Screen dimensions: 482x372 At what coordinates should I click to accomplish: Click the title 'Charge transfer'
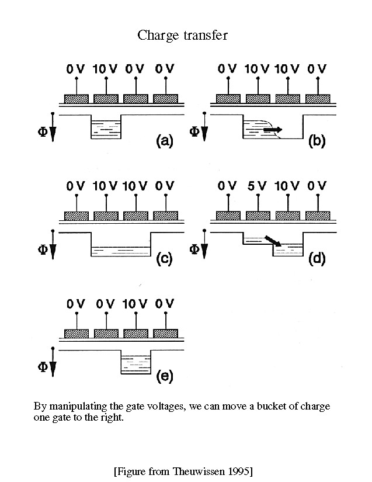click(x=182, y=35)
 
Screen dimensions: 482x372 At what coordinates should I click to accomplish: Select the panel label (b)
click(x=317, y=140)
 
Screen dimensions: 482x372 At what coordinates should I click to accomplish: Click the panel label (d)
click(x=317, y=259)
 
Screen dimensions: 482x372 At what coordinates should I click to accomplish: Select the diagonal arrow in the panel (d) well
click(x=273, y=241)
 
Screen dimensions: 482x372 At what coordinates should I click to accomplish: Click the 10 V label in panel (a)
click(x=106, y=70)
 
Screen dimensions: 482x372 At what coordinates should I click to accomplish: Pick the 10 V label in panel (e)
click(x=135, y=304)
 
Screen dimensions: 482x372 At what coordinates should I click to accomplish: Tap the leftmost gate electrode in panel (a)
click(x=76, y=98)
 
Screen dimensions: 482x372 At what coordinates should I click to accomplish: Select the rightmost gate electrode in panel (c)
click(x=165, y=216)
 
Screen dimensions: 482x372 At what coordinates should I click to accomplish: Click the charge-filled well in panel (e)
click(x=135, y=365)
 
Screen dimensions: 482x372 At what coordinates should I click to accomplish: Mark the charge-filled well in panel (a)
click(x=106, y=129)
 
